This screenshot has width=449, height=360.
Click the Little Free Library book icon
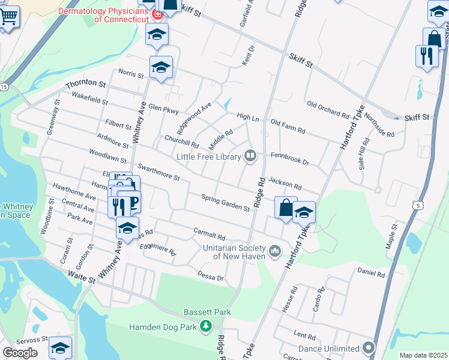tap(250, 157)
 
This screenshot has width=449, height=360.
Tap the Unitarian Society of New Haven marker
tap(276, 250)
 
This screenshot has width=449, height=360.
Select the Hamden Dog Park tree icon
tap(206, 326)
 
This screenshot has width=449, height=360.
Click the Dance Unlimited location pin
tap(369, 348)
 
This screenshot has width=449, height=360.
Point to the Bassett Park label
tap(207, 313)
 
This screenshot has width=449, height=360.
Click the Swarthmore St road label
tap(158, 173)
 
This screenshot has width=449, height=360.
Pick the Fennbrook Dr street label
tap(289, 162)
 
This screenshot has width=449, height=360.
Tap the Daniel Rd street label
tap(371, 273)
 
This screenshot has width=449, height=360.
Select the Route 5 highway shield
tap(417, 205)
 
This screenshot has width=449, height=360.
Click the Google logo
tap(20, 352)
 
